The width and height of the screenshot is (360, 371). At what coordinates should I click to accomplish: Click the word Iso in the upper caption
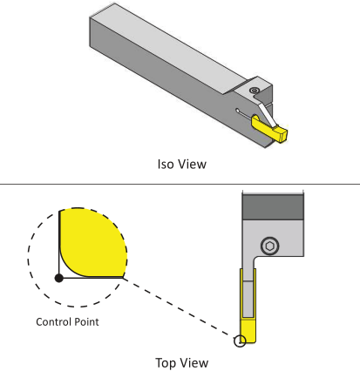[166, 164]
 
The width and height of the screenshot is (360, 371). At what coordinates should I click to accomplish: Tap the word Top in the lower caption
[166, 363]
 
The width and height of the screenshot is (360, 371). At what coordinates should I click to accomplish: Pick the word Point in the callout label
[86, 321]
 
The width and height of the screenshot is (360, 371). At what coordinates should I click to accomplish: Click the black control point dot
[59, 278]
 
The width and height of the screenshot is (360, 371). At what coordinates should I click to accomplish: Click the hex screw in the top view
[270, 246]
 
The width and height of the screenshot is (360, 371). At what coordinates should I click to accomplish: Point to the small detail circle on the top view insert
[240, 341]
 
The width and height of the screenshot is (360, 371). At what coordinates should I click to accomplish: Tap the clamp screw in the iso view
[255, 91]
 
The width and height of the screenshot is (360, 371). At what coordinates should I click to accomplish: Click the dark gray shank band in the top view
[273, 207]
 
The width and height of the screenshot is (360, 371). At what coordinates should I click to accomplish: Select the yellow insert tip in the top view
[248, 330]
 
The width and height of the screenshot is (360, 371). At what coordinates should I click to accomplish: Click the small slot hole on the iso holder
[238, 111]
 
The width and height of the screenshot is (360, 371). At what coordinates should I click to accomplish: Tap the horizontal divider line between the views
[180, 184]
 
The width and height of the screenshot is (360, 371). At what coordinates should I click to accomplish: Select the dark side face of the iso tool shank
[174, 84]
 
